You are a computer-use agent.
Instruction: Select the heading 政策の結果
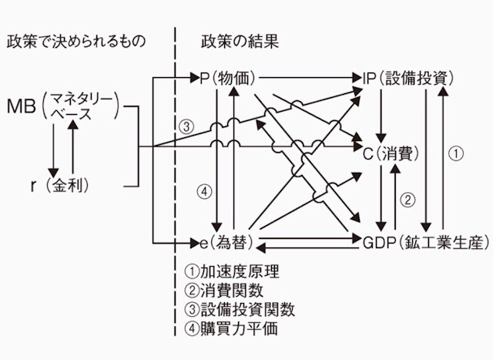[x=240, y=41]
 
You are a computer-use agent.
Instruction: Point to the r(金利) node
[x=57, y=185]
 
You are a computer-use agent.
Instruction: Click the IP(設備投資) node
[x=409, y=78]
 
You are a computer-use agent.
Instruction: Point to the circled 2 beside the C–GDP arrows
[x=410, y=199]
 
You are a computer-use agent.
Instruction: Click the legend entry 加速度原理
[x=232, y=271]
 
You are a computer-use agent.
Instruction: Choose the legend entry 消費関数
[x=224, y=291]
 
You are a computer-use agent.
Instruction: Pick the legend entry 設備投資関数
[x=240, y=310]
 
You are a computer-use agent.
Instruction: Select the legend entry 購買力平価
[x=232, y=329]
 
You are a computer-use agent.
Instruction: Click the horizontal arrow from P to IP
[x=311, y=78]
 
